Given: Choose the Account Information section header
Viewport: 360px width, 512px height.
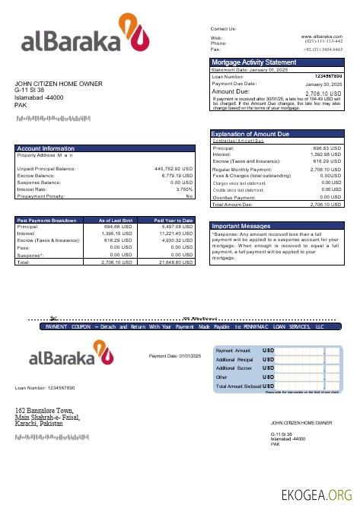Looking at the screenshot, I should pos(46,148).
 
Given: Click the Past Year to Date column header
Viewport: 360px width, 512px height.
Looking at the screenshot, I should pos(174,220).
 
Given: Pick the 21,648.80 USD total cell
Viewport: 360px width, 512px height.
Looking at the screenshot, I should pos(176,262).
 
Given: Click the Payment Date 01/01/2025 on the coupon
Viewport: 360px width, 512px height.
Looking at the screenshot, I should pos(175,356).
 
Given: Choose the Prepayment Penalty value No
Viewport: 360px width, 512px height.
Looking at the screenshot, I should pos(190,196).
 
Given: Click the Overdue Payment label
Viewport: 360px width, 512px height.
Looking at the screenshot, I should pos(235,197).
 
